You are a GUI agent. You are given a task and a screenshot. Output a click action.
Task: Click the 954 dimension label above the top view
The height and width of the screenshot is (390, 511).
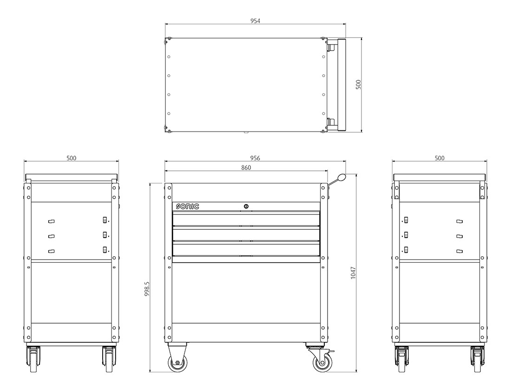[255, 21]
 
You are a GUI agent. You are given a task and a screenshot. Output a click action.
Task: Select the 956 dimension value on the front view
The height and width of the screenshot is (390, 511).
[255, 158]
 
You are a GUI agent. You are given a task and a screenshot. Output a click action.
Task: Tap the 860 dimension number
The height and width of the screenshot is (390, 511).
[246, 168]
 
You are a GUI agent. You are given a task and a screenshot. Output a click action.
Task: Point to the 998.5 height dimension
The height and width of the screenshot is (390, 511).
[147, 289]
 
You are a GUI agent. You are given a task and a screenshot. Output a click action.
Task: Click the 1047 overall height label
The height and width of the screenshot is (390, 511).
[353, 273]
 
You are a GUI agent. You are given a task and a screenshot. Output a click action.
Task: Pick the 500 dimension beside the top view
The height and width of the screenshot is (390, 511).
[359, 84]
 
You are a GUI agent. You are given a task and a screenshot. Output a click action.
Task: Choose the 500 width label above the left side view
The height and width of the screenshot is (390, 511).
[72, 158]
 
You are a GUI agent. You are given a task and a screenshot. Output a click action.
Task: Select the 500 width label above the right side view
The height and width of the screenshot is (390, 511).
[439, 158]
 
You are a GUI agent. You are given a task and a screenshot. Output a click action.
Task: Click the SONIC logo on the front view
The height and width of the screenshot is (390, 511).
[187, 206]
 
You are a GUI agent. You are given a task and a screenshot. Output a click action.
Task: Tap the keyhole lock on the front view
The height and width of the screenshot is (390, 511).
[246, 206]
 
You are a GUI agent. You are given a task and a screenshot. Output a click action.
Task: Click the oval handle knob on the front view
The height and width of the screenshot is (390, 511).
[342, 177]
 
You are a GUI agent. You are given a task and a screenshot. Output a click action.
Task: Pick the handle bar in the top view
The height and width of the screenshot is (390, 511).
[342, 84]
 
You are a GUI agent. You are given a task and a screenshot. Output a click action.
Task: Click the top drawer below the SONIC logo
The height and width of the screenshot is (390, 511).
[246, 220]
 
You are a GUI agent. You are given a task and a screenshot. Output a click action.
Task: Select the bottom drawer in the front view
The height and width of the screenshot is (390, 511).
[246, 250]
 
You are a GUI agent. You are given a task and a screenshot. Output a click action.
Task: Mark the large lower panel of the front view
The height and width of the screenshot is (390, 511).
[246, 293]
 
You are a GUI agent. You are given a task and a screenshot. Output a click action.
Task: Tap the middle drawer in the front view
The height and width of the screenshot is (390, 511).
[246, 235]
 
